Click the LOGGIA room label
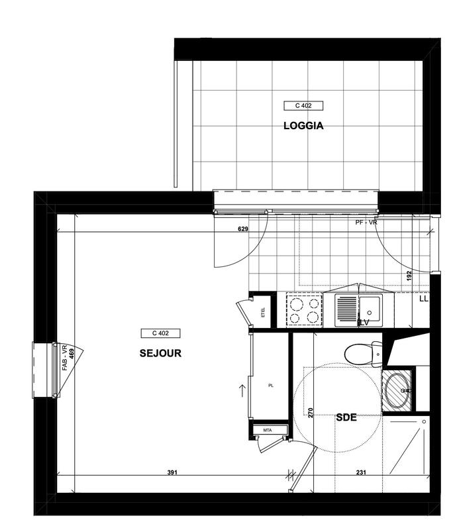click(303, 125)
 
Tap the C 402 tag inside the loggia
click(303, 105)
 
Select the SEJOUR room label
click(160, 353)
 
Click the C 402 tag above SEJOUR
click(160, 333)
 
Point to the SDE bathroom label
click(346, 417)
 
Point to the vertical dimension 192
click(409, 276)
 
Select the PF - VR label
click(366, 223)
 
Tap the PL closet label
click(271, 384)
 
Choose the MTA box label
click(268, 431)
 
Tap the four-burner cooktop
click(304, 310)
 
